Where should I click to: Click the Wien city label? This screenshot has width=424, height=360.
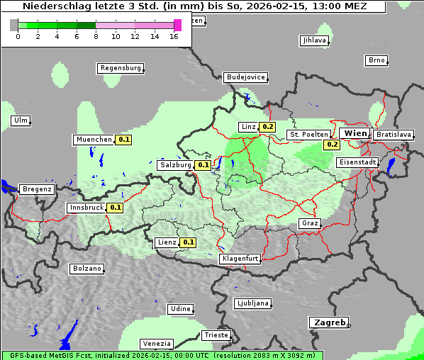coord(355,133)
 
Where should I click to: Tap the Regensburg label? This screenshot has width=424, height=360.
coord(120,68)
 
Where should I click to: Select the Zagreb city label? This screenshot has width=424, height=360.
coord(328,322)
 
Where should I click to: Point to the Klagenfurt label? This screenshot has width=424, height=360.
coord(240,259)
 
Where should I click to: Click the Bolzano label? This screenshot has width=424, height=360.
coord(87,269)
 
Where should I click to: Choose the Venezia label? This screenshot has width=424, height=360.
coord(155,343)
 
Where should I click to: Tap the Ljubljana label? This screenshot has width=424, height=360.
coord(252,303)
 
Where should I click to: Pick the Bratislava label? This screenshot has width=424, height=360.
coord(394,134)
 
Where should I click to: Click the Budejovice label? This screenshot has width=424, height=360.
coord(245,77)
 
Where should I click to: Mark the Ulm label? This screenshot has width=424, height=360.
coord(21,120)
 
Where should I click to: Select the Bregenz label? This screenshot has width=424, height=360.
coord(37,189)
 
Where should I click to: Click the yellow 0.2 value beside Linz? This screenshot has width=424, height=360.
coord(267,127)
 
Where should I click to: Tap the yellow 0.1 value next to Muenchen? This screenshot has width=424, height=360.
coord(124,140)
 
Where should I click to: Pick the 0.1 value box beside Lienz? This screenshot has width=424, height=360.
coord(188,242)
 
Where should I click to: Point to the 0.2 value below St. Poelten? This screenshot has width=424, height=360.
coord(332,145)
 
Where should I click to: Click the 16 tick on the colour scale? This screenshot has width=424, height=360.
coord(174,36)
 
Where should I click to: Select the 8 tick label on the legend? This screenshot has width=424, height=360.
coord(96,36)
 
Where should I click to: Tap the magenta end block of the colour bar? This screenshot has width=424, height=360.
coord(177,25)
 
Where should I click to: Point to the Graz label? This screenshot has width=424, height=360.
coord(310,223)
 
